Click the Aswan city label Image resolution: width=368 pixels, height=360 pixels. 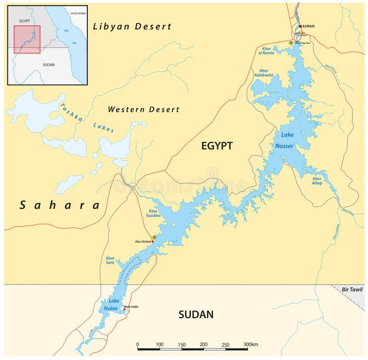[309, 26]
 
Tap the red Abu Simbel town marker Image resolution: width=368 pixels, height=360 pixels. [153, 241]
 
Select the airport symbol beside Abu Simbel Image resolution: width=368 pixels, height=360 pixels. [154, 237]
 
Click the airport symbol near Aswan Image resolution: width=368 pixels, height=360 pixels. [291, 43]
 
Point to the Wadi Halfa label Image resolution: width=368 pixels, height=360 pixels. [131, 307]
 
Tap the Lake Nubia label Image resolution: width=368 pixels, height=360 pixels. [113, 304]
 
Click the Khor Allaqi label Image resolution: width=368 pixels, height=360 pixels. [317, 181]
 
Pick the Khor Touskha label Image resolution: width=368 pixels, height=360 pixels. [153, 213]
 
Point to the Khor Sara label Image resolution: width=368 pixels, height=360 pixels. [110, 261]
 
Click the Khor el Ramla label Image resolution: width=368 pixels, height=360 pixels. [266, 51]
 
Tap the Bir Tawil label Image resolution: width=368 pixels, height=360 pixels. [352, 290]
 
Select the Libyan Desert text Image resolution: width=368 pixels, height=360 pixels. [132, 27]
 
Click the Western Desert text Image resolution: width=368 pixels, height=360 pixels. [144, 109]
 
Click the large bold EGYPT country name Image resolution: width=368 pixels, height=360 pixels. [217, 146]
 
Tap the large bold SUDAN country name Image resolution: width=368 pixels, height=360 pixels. [196, 314]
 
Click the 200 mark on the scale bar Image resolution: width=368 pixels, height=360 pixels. [203, 344]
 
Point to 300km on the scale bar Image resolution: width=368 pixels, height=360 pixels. [251, 344]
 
